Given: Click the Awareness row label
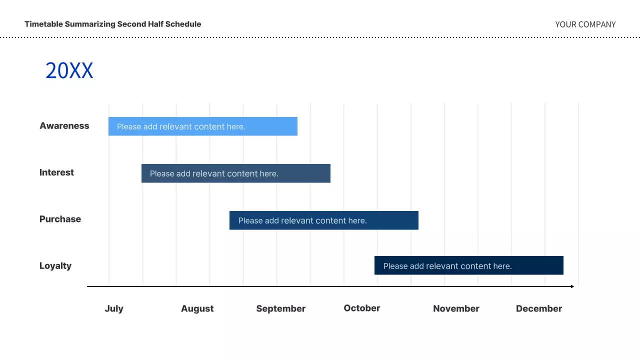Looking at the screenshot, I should tap(64, 126).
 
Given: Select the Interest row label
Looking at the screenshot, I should tap(56, 172).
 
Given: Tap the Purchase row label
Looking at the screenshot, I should tap(60, 219).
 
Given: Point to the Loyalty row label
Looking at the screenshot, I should tap(55, 265).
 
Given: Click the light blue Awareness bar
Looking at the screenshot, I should tap(202, 126).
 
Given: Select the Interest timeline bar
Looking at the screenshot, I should tap(235, 173).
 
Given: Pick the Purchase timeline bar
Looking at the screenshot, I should tap(323, 220).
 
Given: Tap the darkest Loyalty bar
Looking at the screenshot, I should tap(468, 265).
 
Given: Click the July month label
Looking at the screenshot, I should tap(114, 308).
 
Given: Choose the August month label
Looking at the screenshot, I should tap(197, 308).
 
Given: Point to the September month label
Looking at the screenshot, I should tap(280, 308).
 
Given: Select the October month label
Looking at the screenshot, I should tap(361, 308).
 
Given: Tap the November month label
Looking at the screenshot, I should tap(456, 308).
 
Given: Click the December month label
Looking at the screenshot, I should tap(538, 308).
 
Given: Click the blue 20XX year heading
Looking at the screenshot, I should tap(69, 70).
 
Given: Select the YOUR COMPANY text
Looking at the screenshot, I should tap(585, 24).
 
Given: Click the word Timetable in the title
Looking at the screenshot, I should tap(43, 24).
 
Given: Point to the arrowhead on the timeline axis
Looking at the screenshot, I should tap(572, 286).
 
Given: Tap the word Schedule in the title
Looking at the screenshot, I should tap(184, 24).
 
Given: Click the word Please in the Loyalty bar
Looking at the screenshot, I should tap(395, 266).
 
